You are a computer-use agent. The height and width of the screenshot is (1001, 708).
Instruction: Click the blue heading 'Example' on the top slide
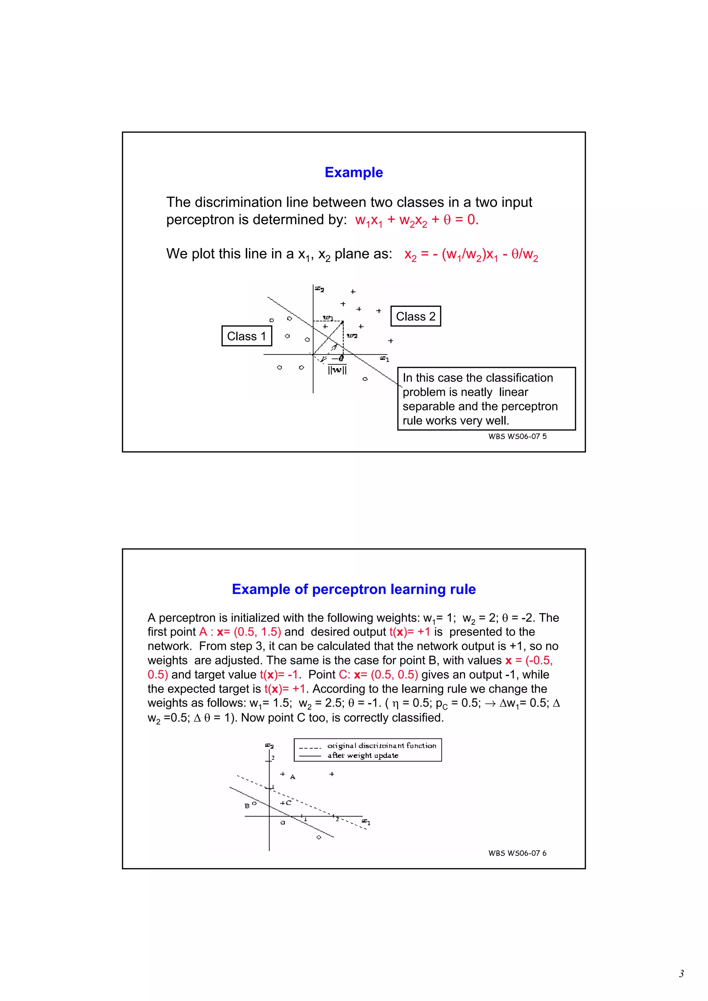353,172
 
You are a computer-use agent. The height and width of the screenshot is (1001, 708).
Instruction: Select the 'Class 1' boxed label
246,336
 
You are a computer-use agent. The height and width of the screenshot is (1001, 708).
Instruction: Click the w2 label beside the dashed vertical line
352,336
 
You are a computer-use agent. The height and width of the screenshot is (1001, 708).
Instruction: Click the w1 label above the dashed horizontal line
328,317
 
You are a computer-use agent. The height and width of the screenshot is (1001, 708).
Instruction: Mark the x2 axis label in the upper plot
320,289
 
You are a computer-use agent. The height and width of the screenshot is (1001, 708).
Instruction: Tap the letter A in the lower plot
293,777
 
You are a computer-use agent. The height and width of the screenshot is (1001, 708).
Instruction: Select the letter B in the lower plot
247,806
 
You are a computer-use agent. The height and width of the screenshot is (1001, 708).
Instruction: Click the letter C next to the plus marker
288,803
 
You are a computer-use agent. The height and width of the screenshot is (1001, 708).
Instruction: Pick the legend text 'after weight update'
363,755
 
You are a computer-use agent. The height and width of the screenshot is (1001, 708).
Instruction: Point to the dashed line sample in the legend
310,747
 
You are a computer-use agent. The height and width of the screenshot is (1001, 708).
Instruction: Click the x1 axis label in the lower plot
366,822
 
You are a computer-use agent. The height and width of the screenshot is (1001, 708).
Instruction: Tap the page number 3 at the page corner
681,973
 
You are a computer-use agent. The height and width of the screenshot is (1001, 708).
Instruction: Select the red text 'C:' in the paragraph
344,675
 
